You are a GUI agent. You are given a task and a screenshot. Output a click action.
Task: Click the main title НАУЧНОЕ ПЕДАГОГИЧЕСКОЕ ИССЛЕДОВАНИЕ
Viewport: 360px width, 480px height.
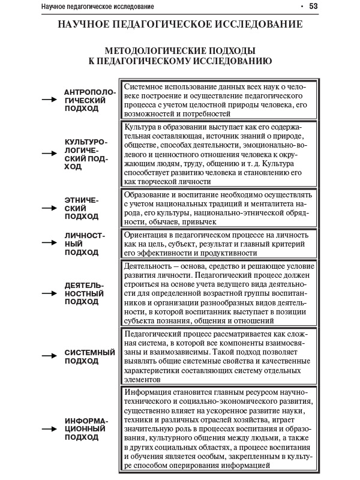180,25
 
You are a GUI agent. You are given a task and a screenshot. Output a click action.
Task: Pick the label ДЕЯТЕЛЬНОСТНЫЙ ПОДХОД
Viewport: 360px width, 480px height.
85,293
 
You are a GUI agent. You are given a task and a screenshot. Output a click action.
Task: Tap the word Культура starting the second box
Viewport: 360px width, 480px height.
140,127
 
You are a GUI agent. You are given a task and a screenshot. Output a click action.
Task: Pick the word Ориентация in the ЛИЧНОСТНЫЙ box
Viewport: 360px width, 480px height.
146,235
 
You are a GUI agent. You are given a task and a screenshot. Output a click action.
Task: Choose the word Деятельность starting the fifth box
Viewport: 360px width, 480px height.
150,266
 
